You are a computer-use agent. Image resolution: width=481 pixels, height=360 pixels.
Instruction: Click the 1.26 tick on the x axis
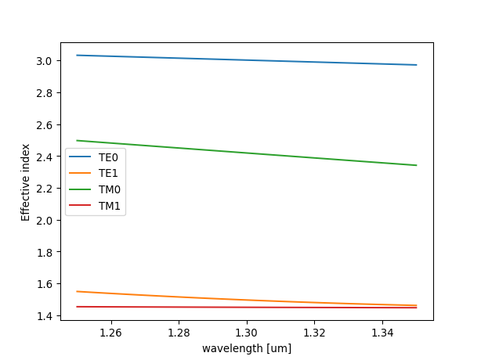(111, 333)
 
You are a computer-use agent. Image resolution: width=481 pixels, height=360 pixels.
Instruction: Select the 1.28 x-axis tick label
(179, 333)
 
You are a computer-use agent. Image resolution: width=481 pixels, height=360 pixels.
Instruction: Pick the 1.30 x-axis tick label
(247, 333)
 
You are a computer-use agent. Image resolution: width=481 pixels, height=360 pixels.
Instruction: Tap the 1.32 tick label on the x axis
(314, 333)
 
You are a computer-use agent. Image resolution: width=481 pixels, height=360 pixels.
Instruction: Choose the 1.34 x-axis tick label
(382, 333)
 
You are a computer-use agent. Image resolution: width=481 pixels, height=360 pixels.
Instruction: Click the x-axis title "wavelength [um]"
(247, 347)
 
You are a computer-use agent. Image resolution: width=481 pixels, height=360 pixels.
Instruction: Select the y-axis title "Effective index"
(26, 182)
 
